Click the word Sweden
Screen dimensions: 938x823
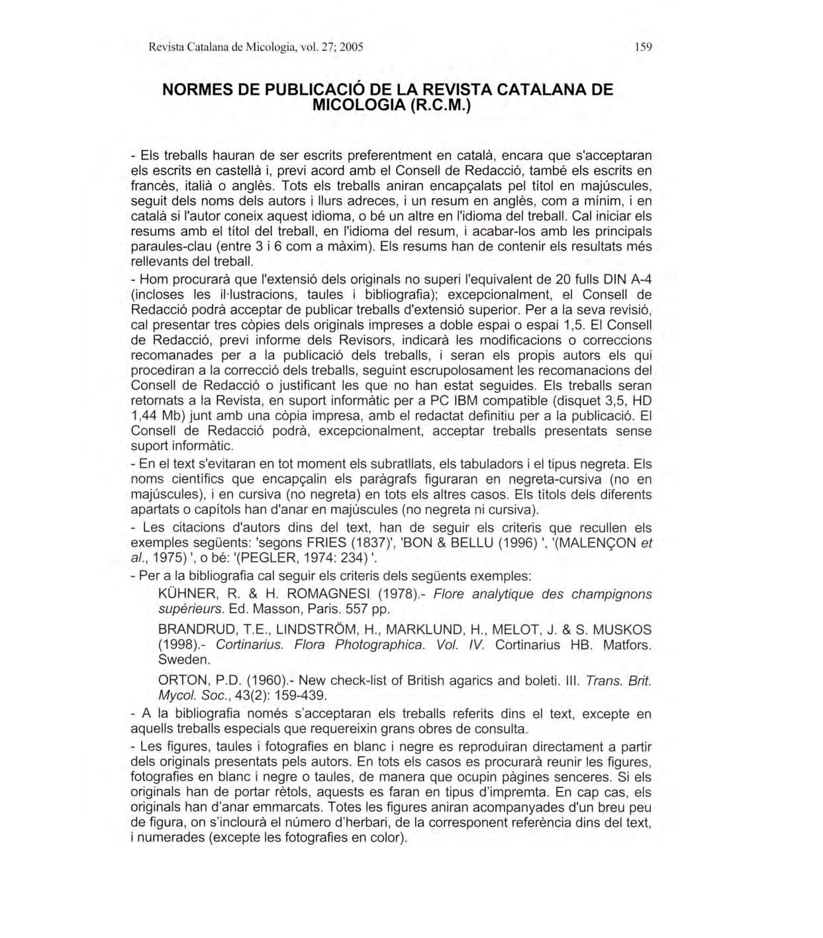(183, 660)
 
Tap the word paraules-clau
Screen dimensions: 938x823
(172, 246)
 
